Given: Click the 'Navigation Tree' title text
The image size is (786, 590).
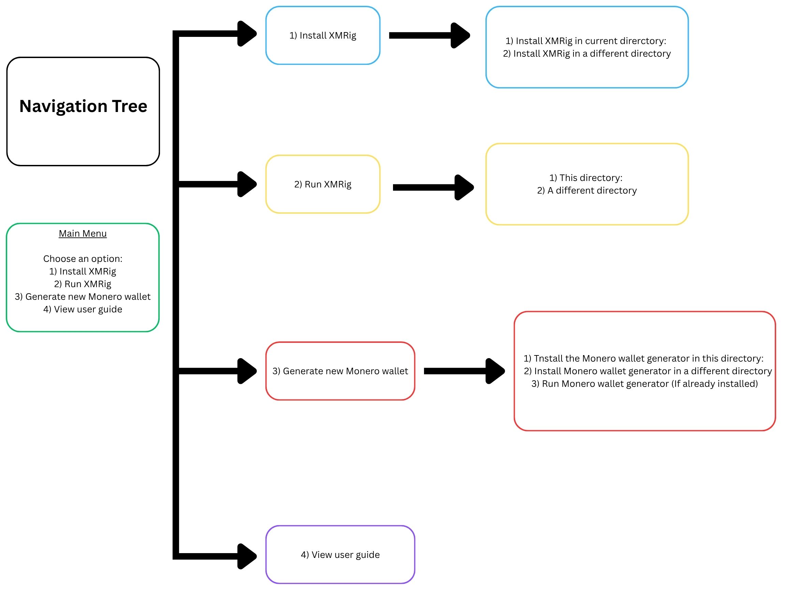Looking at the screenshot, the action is coord(83,106).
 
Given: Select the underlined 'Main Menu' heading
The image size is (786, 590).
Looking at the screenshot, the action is coord(83,233).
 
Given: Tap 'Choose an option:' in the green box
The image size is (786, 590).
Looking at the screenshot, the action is coord(83,258).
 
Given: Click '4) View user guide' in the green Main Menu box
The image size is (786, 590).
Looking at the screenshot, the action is coord(83,309).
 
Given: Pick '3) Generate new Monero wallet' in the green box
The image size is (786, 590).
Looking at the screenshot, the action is coord(83,297).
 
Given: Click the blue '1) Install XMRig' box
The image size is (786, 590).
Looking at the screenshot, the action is coord(323,35).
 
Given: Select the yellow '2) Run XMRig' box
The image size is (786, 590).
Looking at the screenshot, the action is coord(323,184).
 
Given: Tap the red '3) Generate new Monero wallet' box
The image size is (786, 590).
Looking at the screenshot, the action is coord(340,371).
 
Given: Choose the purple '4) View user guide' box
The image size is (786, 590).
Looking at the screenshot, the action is coord(340,554).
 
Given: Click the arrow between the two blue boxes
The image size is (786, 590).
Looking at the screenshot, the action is coord(430,35).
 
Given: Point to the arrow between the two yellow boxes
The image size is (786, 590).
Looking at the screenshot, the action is coord(434,187).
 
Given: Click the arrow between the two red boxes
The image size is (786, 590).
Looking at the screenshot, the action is coord(464,371).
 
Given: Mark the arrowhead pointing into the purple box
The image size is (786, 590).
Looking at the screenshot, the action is coord(247,556).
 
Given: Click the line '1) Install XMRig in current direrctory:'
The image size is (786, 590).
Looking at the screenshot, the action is coord(586,41).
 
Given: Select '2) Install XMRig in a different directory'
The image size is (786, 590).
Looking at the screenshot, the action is coord(587,54).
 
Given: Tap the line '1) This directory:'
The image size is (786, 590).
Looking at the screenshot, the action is coord(586,178).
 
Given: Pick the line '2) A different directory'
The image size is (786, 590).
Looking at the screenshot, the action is coord(587,191).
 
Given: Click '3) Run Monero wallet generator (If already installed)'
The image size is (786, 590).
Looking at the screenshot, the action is coord(644,384).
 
